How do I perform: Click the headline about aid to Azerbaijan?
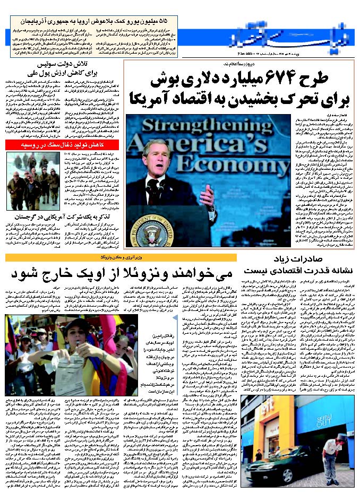coord(63,23)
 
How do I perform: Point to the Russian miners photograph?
coord(32,181)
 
